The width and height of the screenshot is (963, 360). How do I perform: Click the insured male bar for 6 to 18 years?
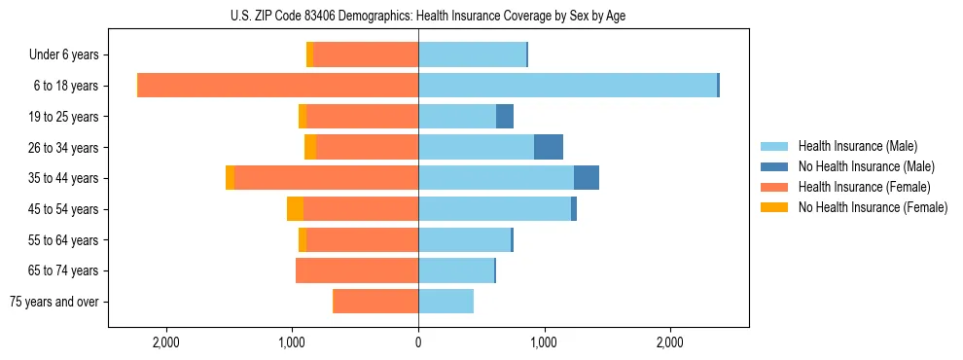(x=567, y=86)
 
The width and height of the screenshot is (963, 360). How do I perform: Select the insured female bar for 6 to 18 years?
(x=278, y=86)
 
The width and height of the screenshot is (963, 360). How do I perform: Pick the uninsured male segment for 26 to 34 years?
(x=549, y=147)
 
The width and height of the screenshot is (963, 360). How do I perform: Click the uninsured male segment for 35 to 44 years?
(x=587, y=178)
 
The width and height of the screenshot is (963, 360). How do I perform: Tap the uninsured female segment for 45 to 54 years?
(x=295, y=209)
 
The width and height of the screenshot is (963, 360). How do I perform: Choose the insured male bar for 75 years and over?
(x=446, y=302)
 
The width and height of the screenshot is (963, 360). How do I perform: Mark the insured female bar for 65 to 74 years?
(x=357, y=270)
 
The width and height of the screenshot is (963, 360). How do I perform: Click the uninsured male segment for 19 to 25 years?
(x=505, y=117)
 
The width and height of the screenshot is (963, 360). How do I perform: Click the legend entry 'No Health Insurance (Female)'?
(x=873, y=207)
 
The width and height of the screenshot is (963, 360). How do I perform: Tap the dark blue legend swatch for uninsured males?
(x=775, y=166)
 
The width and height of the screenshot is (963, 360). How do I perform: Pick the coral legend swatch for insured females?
(x=775, y=187)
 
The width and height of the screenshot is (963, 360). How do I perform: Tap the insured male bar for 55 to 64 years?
(x=464, y=240)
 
